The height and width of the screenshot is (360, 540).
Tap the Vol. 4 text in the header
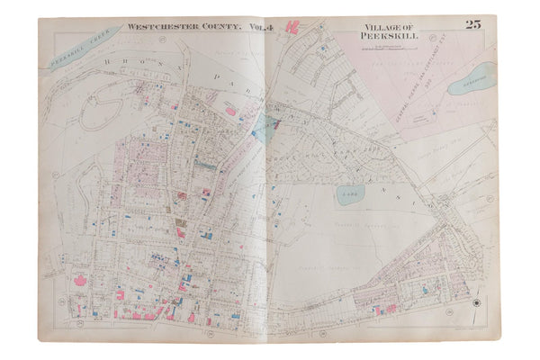pos(235,28)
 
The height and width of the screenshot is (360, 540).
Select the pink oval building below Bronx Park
pos(229,112)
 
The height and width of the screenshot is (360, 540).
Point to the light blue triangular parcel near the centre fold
pos(261,126)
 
